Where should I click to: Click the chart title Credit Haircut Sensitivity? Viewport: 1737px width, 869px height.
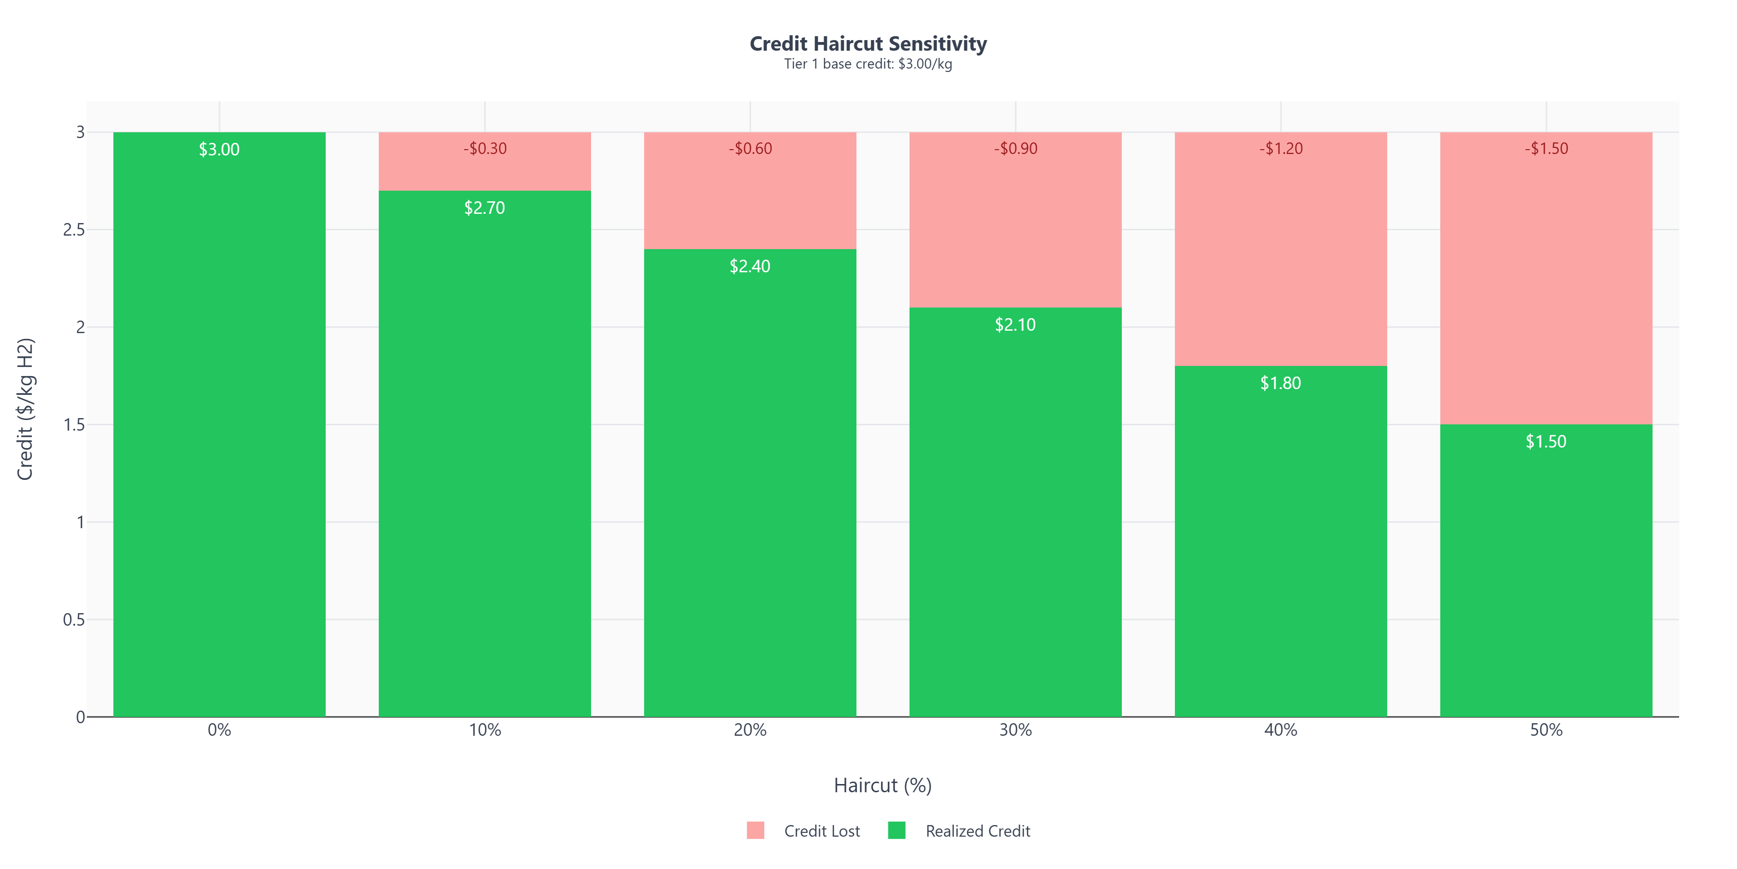pyautogui.click(x=868, y=44)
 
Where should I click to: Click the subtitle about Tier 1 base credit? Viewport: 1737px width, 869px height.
pyautogui.click(x=868, y=64)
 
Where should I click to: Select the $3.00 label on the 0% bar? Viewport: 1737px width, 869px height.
pyautogui.click(x=219, y=149)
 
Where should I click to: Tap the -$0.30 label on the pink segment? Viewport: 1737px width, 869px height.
pyautogui.click(x=485, y=148)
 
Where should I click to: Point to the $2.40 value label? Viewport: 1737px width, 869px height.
pyautogui.click(x=750, y=266)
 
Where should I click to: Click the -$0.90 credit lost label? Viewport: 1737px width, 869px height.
pyautogui.click(x=1016, y=148)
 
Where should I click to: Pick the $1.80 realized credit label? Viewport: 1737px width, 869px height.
pyautogui.click(x=1281, y=383)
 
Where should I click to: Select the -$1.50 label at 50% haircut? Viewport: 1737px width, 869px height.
pyautogui.click(x=1546, y=148)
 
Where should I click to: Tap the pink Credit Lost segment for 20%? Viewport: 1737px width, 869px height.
pyautogui.click(x=750, y=202)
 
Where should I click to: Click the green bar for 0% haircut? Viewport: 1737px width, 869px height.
pyautogui.click(x=219, y=438)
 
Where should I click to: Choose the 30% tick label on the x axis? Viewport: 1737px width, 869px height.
pyautogui.click(x=1016, y=730)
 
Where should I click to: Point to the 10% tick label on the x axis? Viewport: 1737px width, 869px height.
pyautogui.click(x=485, y=730)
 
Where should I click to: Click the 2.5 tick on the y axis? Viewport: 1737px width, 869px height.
pyautogui.click(x=74, y=230)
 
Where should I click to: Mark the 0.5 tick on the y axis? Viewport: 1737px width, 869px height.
pyautogui.click(x=74, y=619)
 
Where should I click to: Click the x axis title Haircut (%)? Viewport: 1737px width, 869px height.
pyautogui.click(x=882, y=785)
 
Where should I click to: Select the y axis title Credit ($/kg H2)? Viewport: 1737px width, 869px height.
pyautogui.click(x=25, y=409)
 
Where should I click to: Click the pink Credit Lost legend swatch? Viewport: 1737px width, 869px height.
pyautogui.click(x=755, y=830)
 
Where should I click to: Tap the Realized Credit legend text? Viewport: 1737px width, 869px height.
pyautogui.click(x=977, y=831)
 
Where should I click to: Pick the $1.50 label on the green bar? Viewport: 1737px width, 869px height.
pyautogui.click(x=1546, y=441)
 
